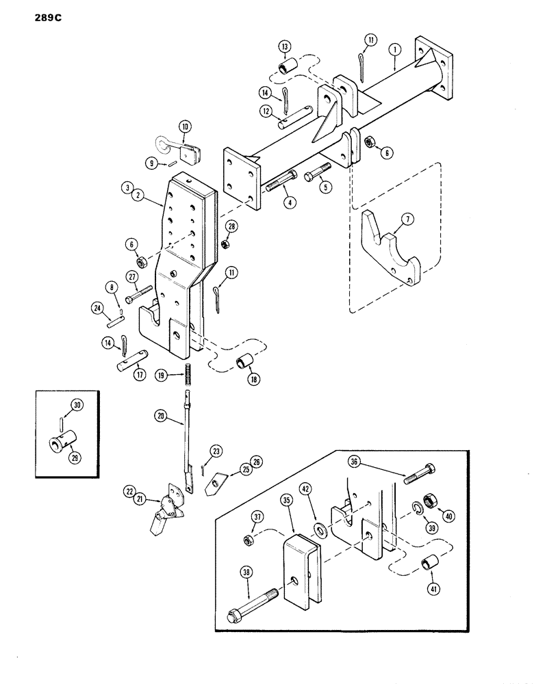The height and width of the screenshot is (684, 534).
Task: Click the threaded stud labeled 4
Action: click(280, 188)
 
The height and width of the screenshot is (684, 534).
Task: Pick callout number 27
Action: click(131, 276)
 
